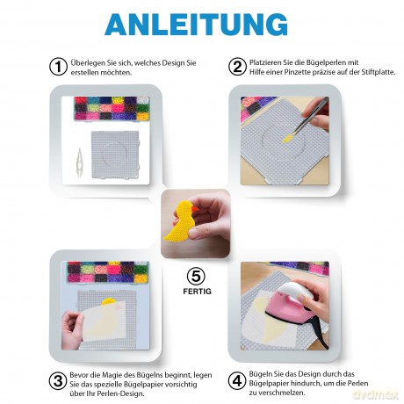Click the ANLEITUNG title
tap(196, 25)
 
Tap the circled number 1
tap(59, 67)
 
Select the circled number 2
tap(237, 67)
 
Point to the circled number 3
tap(58, 381)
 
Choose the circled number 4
tap(237, 381)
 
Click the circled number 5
tap(196, 276)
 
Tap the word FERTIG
tap(197, 292)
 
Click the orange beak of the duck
tap(195, 209)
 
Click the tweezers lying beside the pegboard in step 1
tap(79, 162)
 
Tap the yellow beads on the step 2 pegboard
tap(288, 138)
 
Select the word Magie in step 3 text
tap(110, 375)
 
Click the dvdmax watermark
tap(375, 394)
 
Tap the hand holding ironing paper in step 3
tap(72, 329)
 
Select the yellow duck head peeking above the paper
tap(109, 301)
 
